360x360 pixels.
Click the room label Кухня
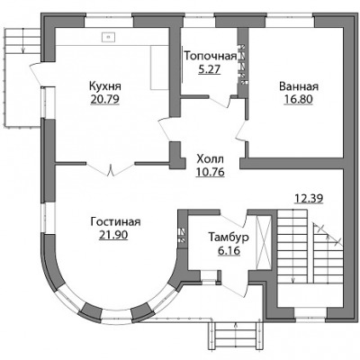point(105,86)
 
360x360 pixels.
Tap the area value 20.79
point(105,99)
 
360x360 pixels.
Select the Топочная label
point(211,56)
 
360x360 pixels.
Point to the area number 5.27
point(210,69)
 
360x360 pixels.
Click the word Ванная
point(299,86)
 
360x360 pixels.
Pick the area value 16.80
point(299,99)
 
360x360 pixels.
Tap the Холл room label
point(210,158)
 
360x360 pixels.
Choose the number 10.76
point(210,172)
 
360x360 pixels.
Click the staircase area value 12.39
point(309,198)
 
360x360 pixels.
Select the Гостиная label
point(115,222)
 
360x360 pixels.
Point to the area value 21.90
point(113,235)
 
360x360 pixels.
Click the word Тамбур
point(229,238)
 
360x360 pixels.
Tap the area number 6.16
point(229,250)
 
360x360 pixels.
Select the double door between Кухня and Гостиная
point(111,169)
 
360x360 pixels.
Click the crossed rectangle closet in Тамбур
point(263,241)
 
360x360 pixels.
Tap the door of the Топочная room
point(220,101)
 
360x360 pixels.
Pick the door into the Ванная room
point(241,129)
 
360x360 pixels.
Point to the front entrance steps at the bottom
point(236,334)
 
